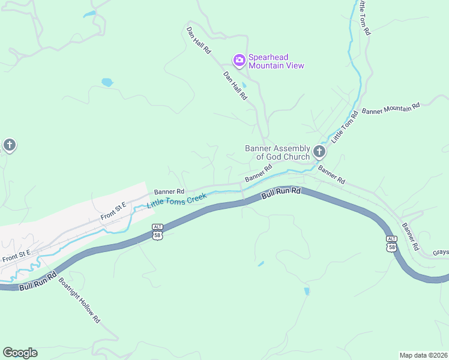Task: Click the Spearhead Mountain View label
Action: (x=276, y=62)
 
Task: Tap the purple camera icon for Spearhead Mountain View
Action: (x=239, y=59)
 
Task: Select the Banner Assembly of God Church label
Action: (x=277, y=152)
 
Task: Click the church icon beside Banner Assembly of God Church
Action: (x=319, y=151)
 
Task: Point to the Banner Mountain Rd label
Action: (x=391, y=109)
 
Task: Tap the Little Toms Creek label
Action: (x=176, y=200)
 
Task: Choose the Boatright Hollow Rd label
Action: (x=79, y=299)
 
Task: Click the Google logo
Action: (x=20, y=353)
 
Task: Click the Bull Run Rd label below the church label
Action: (x=280, y=193)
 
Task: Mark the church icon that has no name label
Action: (x=9, y=145)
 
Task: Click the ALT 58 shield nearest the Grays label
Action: (x=391, y=243)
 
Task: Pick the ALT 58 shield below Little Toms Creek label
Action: (x=157, y=232)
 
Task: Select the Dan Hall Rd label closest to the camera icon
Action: (x=235, y=85)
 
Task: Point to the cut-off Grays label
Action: (x=441, y=253)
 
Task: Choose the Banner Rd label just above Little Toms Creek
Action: (x=169, y=191)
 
